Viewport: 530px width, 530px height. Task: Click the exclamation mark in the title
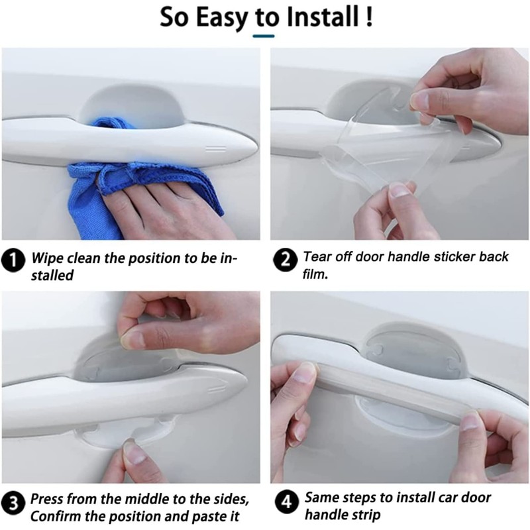[368, 17]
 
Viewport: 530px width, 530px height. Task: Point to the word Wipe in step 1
[48, 257]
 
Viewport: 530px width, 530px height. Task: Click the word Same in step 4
[321, 496]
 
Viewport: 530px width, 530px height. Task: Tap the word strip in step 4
[362, 514]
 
